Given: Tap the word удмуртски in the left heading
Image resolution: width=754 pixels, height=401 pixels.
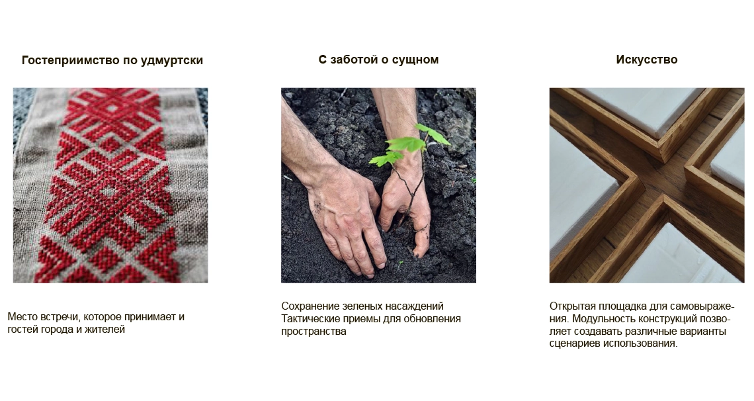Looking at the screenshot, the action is (172, 61).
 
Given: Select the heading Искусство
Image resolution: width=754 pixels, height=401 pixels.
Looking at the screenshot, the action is (647, 60).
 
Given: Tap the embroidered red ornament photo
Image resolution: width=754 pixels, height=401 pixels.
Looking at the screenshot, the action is (110, 185).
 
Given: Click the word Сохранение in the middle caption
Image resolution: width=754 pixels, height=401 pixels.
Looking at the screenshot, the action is (310, 306).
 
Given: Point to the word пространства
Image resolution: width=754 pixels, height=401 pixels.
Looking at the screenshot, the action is (314, 332).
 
